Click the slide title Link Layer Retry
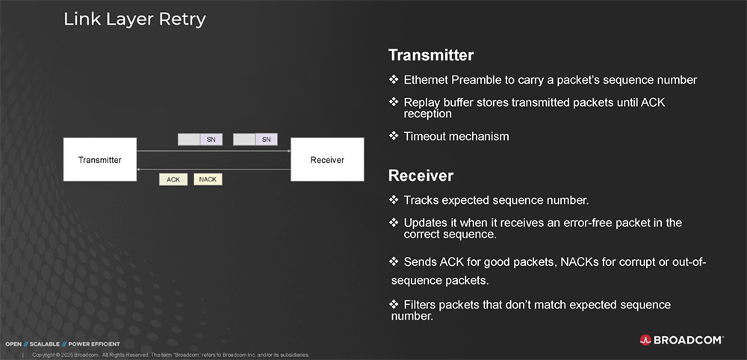(x=134, y=19)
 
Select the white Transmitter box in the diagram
(x=100, y=160)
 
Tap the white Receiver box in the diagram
(x=327, y=160)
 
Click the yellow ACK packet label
(x=173, y=179)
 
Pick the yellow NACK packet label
(x=208, y=179)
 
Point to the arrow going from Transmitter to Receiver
(x=214, y=151)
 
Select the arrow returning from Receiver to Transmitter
(x=214, y=169)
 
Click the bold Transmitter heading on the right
(x=431, y=55)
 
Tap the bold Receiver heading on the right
(x=421, y=176)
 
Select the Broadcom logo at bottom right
(x=681, y=340)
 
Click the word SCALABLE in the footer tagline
(x=45, y=344)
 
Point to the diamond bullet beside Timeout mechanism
(x=394, y=136)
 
